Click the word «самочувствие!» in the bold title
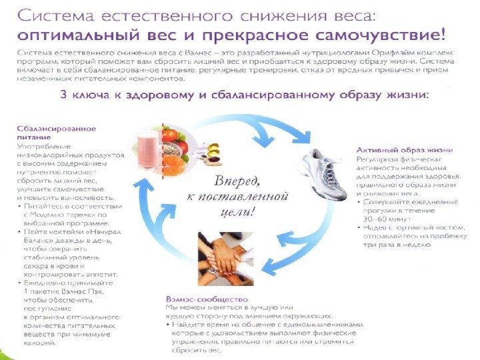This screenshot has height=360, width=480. pos(390,31)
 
